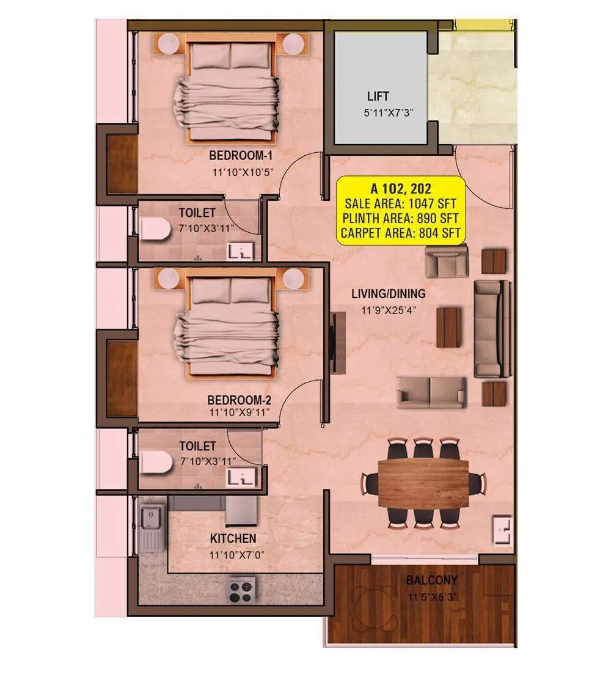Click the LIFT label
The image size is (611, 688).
coord(378,97)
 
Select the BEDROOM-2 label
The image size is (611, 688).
coord(239,400)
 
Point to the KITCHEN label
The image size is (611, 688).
coord(233,539)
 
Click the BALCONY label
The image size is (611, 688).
coord(431,580)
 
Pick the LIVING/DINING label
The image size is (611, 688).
coord(388,294)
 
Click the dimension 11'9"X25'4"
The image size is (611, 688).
coord(388,310)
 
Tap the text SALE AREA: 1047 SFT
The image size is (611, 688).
coord(400,203)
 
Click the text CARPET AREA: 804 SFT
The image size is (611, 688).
coord(400,232)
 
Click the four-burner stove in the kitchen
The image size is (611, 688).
coord(242,590)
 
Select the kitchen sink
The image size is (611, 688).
coord(150,519)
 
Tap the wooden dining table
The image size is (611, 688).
coord(423,483)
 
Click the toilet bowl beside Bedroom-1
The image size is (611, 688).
coord(155,229)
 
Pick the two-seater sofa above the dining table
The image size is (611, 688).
coord(431,392)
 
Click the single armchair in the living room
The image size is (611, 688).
coord(447,261)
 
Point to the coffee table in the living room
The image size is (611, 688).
coord(448,327)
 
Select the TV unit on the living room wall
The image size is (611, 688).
coord(337,343)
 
